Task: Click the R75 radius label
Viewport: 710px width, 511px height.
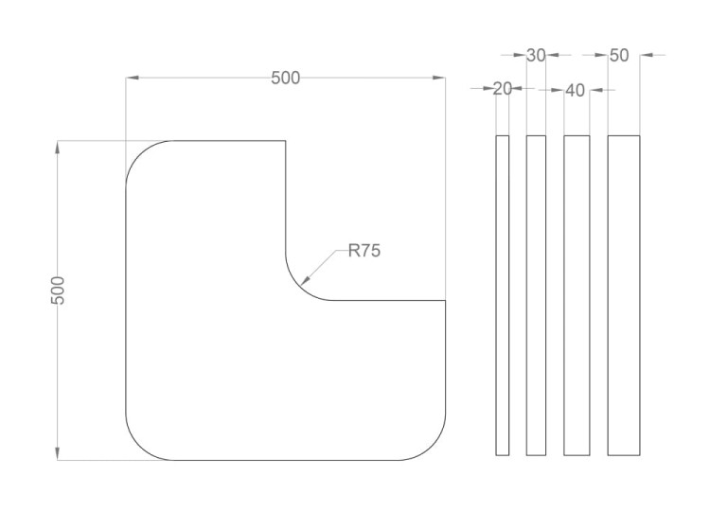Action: coord(364,250)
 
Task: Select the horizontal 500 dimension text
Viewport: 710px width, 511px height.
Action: coord(285,78)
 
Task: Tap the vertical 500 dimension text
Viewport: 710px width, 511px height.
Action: coord(58,291)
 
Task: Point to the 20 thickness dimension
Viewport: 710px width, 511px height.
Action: coord(502,89)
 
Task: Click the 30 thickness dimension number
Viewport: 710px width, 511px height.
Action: coord(536,55)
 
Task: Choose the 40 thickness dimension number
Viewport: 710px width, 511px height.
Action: coord(575,91)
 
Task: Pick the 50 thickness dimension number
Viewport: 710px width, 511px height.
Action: coord(619,55)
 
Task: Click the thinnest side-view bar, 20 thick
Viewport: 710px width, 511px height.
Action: coord(502,295)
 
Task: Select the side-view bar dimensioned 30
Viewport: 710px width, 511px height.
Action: coord(536,295)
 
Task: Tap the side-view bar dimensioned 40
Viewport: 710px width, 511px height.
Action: coord(577,295)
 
